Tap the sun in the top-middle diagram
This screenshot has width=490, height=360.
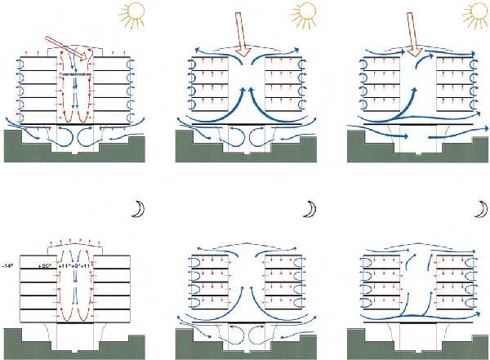(x=304, y=11)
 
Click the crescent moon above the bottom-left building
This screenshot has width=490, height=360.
(x=138, y=211)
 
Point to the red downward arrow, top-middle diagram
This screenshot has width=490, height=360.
(x=243, y=36)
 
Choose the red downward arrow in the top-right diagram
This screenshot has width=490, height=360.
(x=416, y=38)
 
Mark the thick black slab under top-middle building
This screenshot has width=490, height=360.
(x=244, y=124)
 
